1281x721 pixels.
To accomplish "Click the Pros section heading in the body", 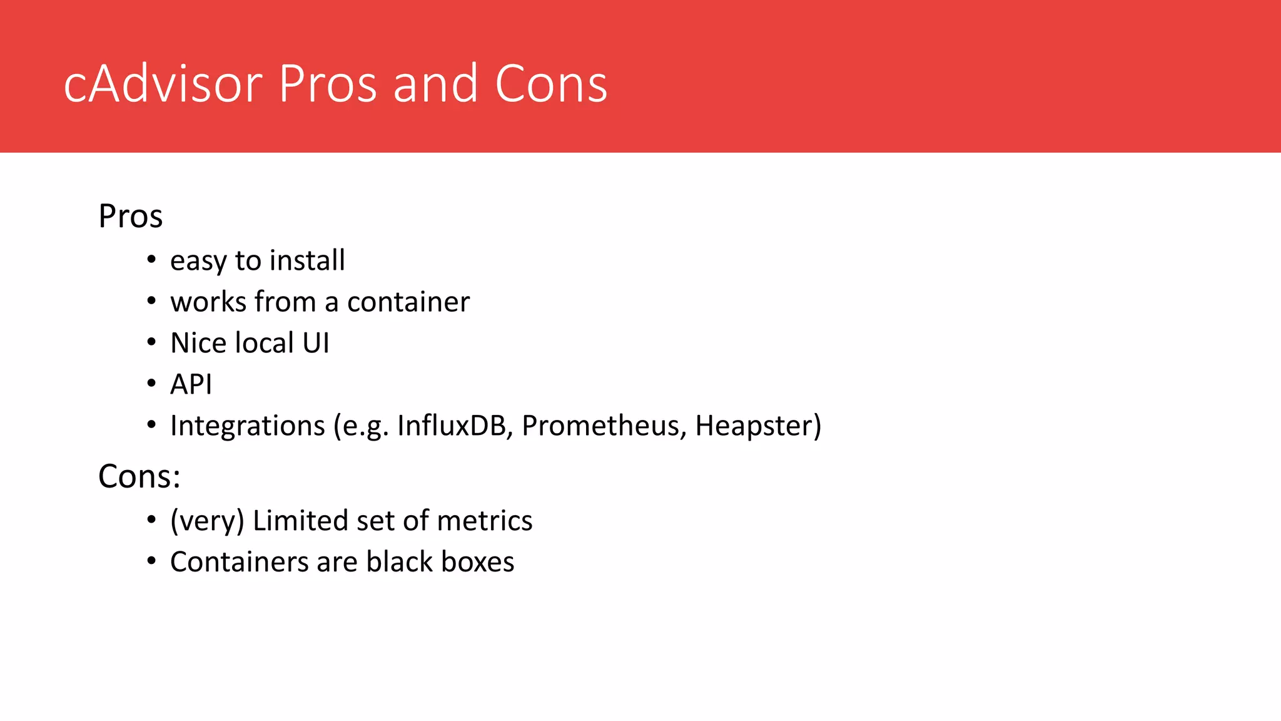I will coord(130,217).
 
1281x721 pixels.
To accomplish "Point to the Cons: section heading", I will coord(139,476).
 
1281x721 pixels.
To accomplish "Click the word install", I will coord(307,260).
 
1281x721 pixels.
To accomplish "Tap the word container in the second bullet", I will coord(408,302).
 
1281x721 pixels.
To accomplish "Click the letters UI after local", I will coord(316,343).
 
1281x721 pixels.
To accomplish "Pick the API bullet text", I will coord(191,384).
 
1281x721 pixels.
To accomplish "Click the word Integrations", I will coord(248,426).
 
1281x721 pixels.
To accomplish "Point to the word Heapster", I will coord(754,426).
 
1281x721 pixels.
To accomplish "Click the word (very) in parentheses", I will coord(207,521).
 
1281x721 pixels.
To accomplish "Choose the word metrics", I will coord(485,521).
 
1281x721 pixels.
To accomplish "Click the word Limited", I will coord(300,521).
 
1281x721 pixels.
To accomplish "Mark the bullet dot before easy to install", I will coord(151,259).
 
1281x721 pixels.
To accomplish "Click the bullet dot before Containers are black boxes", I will coord(151,561).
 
